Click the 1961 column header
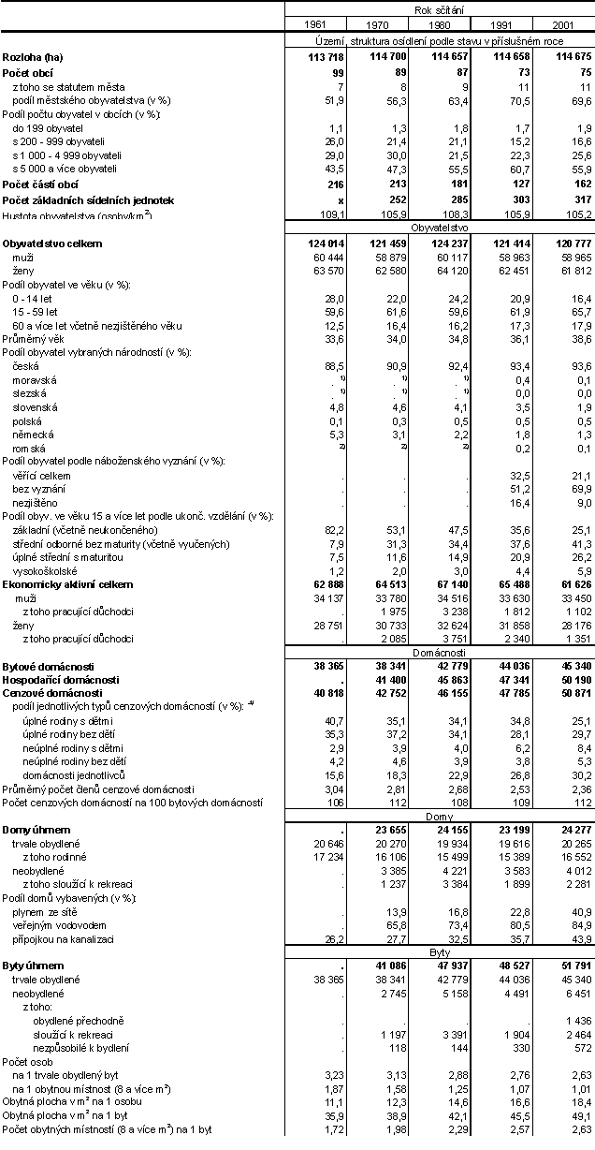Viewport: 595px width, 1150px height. tap(315, 23)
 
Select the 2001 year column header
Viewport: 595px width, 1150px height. tap(563, 23)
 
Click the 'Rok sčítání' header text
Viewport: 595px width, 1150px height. tap(438, 8)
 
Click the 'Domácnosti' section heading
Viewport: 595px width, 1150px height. tap(438, 651)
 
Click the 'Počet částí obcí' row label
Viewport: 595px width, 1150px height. tap(39, 185)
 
